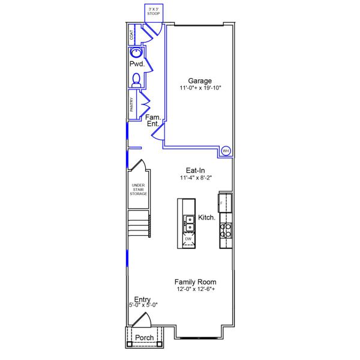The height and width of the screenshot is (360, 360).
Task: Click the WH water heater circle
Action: [x=226, y=151]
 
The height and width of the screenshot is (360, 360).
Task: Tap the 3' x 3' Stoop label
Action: [x=154, y=11]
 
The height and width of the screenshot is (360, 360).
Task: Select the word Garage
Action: [x=200, y=80]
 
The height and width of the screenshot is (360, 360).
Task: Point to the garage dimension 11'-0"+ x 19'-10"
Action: [x=200, y=88]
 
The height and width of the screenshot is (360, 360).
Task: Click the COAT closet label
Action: [x=131, y=36]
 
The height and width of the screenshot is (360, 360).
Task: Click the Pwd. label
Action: [x=136, y=64]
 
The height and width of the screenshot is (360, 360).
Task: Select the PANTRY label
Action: [x=131, y=104]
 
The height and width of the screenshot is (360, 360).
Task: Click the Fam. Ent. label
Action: [x=152, y=120]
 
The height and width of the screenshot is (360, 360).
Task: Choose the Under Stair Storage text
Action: [x=138, y=190]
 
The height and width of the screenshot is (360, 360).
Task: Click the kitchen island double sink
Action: [x=189, y=223]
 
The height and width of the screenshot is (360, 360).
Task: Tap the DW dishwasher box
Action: [x=188, y=239]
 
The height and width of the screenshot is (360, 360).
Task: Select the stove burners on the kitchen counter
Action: [x=226, y=231]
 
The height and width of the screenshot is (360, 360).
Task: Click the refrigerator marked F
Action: [x=223, y=203]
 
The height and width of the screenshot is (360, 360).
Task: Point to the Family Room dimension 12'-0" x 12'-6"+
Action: [x=196, y=289]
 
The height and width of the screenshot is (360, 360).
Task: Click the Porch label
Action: [x=144, y=337]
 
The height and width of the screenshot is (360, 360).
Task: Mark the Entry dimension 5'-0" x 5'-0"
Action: [x=142, y=305]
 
